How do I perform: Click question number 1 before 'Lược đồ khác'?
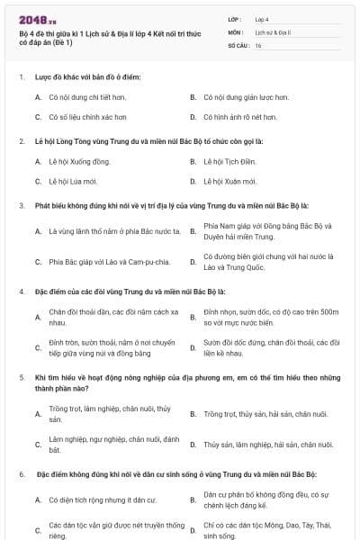22,76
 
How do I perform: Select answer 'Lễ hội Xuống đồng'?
80,161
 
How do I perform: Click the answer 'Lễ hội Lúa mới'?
73,181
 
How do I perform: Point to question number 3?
22,205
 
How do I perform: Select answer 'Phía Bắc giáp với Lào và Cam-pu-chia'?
109,262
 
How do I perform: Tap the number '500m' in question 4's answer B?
328,311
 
